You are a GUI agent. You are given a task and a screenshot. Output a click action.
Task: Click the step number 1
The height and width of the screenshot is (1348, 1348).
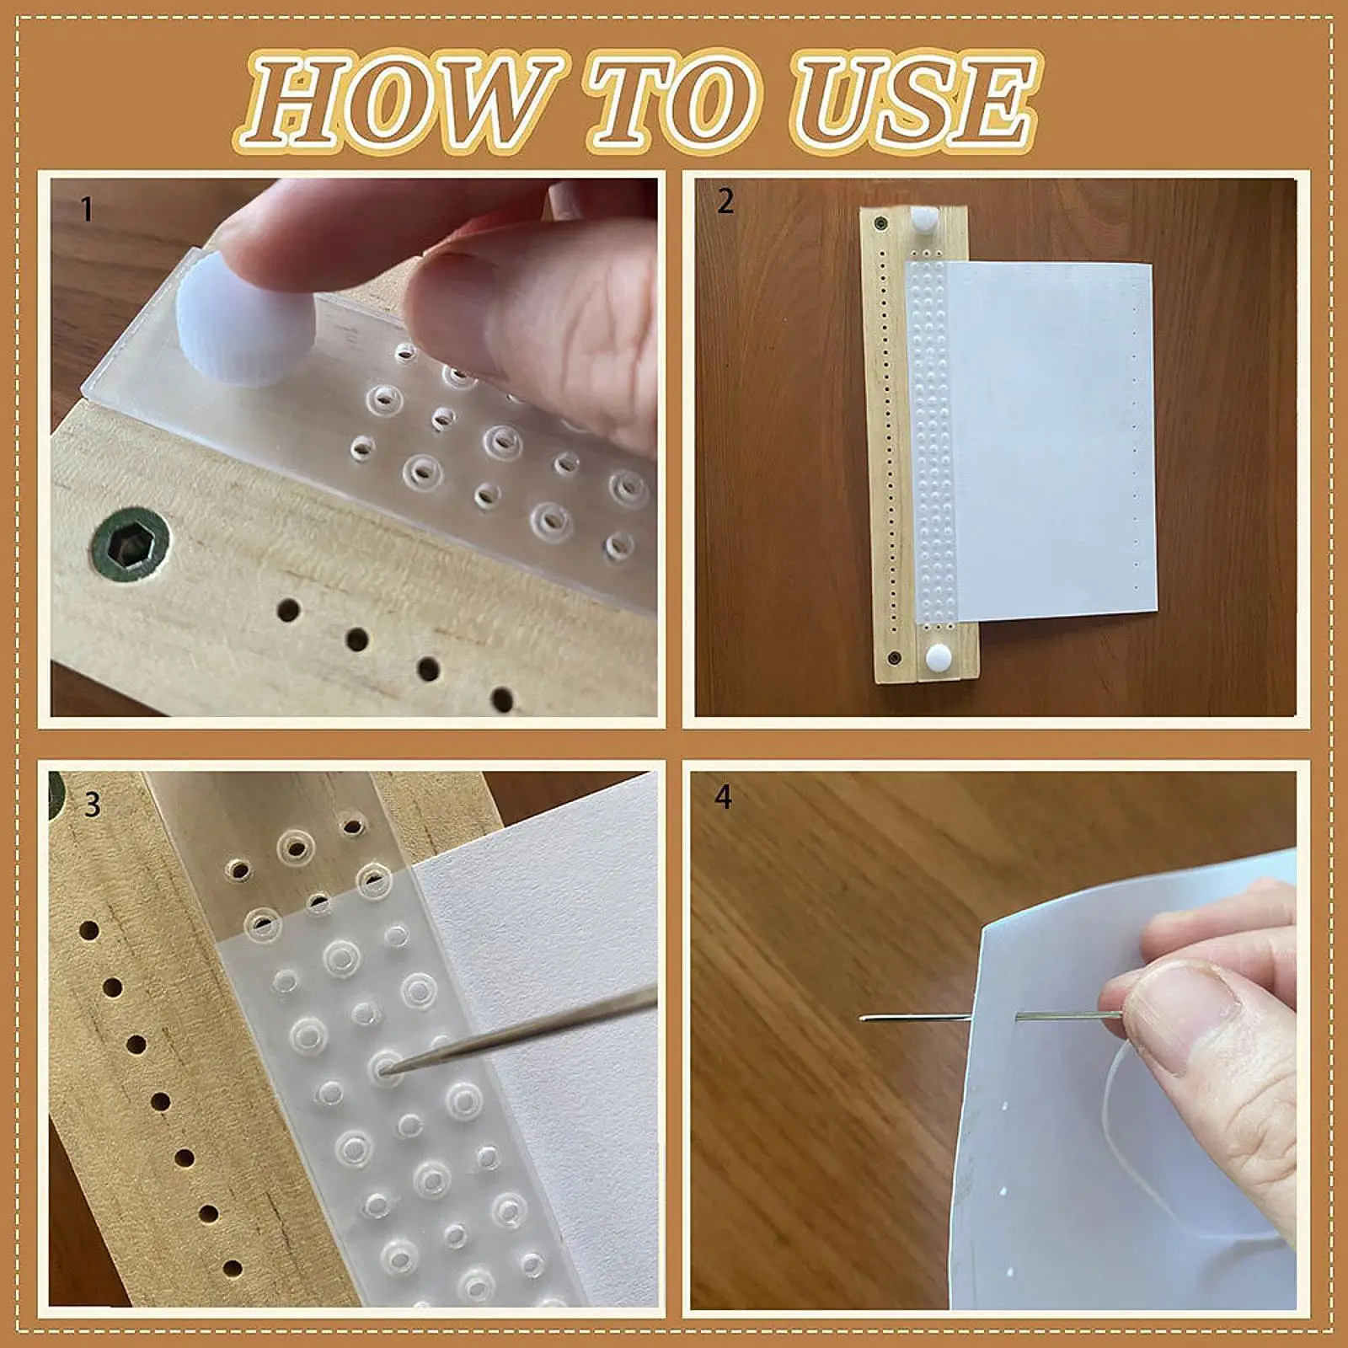click(87, 209)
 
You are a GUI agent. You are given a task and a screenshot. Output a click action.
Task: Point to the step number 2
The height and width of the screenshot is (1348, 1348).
click(725, 201)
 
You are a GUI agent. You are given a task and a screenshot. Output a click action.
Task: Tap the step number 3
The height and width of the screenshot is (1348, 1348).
click(93, 805)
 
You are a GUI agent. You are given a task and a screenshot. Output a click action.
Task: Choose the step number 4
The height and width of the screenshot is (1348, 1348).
click(724, 797)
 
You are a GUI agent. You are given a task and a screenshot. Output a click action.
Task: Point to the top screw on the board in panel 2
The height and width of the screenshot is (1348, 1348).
click(881, 224)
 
